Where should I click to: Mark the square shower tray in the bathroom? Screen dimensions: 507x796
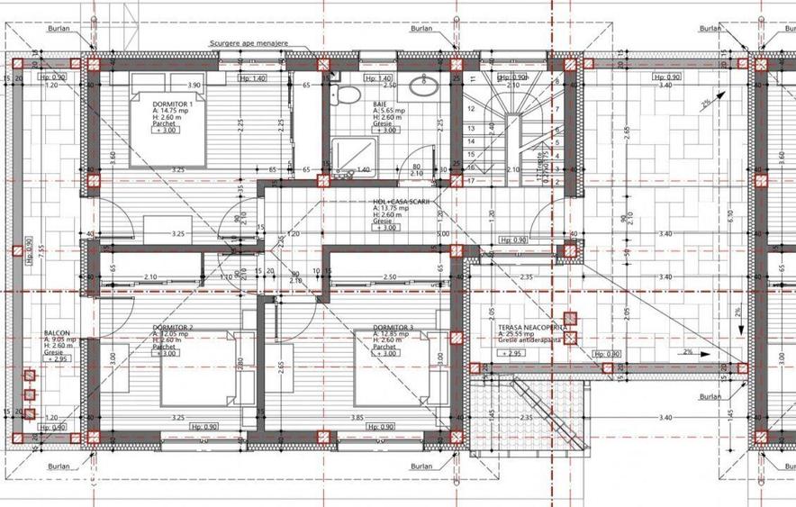tap(342, 154)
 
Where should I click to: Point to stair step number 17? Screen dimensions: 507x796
tap(469, 180)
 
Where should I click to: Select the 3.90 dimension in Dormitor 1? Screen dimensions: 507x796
tap(194, 85)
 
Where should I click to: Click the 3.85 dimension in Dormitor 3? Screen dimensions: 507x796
tap(357, 418)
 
